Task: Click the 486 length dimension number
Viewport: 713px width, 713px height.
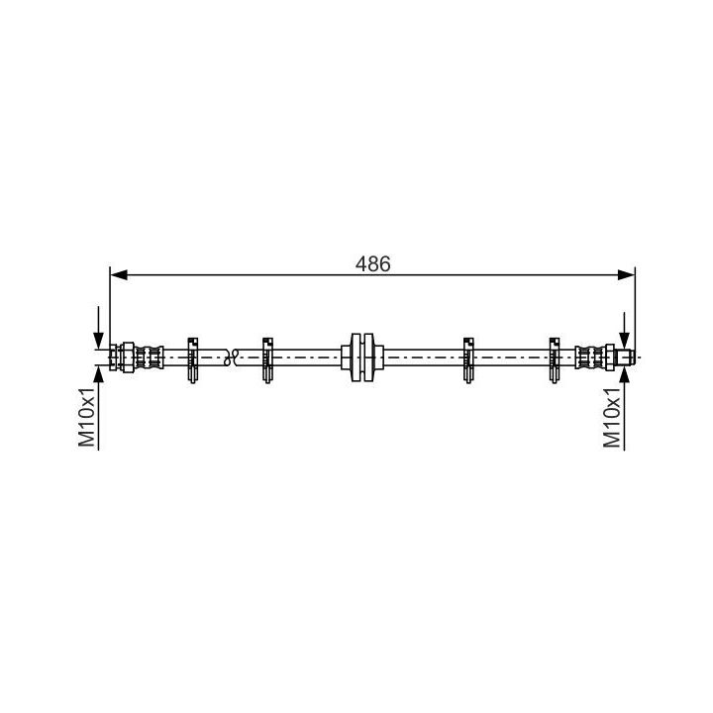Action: [x=373, y=263]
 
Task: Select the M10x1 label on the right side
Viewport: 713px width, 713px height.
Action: [x=613, y=417]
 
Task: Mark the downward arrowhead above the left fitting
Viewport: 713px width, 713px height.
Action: [x=98, y=340]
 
